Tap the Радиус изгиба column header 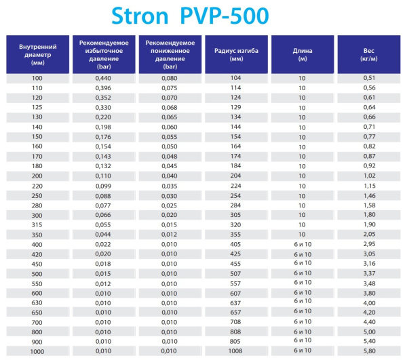coord(236,54)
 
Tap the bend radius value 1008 coord(236,351)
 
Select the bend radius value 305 coord(236,215)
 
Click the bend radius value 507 coord(236,273)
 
